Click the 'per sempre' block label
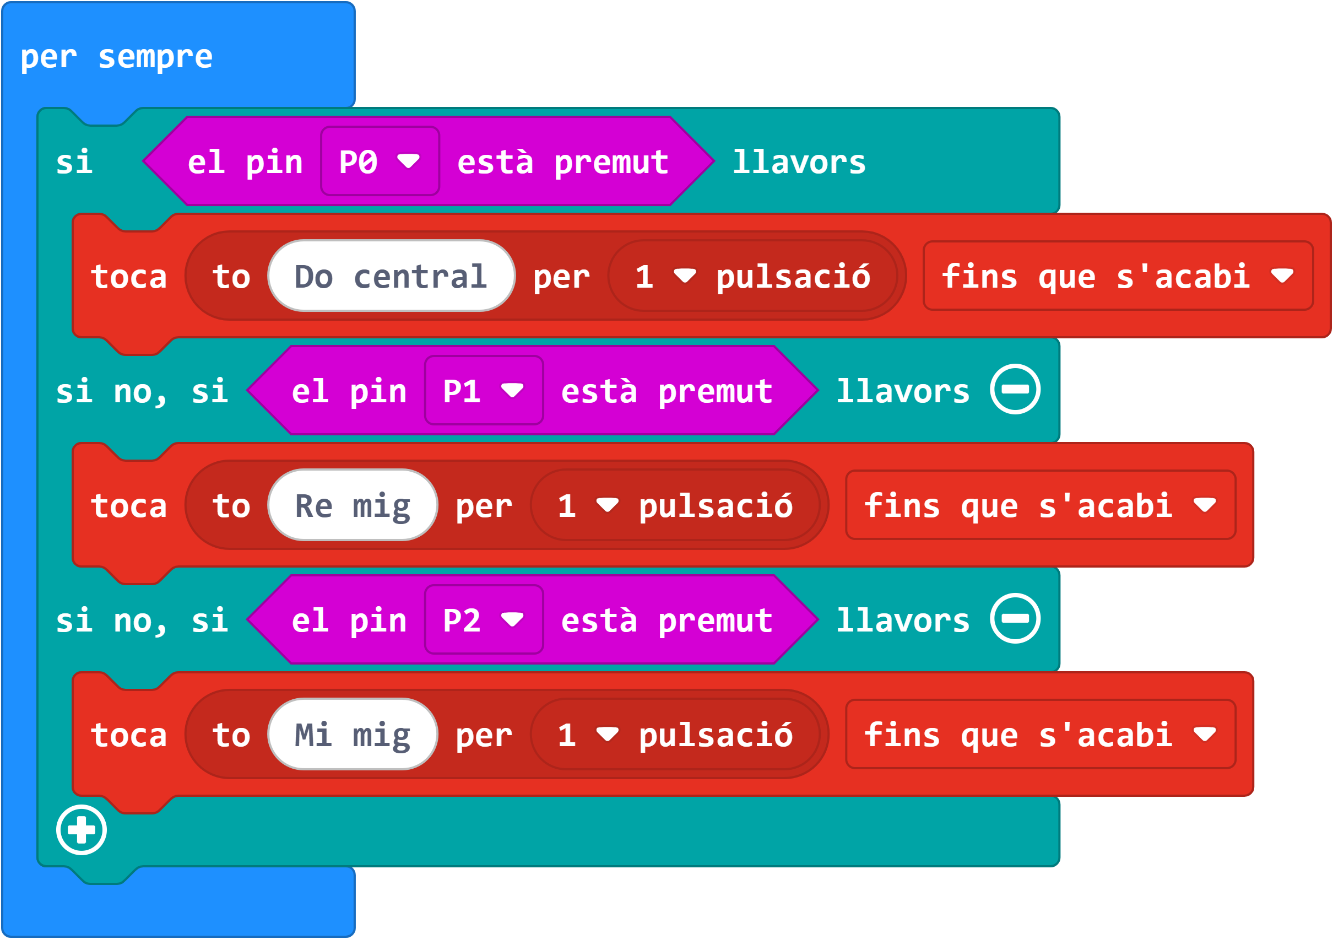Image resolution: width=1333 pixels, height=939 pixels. pyautogui.click(x=116, y=57)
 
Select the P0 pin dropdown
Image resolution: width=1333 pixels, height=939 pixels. pyautogui.click(x=380, y=161)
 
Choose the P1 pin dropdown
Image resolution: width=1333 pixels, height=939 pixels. pyautogui.click(x=484, y=391)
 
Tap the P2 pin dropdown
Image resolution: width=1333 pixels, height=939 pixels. pyautogui.click(x=484, y=620)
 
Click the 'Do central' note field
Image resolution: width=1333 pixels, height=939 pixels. pyautogui.click(x=391, y=276)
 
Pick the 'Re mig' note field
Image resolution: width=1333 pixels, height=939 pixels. pyautogui.click(x=353, y=505)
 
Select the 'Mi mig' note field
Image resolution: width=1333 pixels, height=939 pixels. pyautogui.click(x=353, y=735)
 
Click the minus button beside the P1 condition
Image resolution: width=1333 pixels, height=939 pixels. pyautogui.click(x=1015, y=389)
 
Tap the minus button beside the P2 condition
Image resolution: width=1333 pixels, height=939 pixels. pyautogui.click(x=1015, y=618)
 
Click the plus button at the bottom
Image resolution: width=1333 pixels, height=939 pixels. pyautogui.click(x=82, y=830)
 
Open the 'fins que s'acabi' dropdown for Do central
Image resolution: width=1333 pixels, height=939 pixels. pyautogui.click(x=1118, y=276)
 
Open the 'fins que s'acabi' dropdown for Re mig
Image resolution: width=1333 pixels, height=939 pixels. pyautogui.click(x=1040, y=505)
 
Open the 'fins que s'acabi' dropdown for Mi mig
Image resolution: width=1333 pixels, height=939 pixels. pyautogui.click(x=1040, y=735)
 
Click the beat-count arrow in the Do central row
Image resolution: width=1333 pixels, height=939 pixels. pyautogui.click(x=685, y=276)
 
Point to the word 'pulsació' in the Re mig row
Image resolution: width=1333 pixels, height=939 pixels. pyautogui.click(x=716, y=506)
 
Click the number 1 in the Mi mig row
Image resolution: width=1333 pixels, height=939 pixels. pyautogui.click(x=567, y=735)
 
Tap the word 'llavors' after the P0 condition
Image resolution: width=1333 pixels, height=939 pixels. pyautogui.click(x=799, y=161)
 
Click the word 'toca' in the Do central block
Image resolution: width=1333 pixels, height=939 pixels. pyautogui.click(x=129, y=277)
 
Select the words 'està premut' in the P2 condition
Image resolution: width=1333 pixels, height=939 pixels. pyautogui.click(x=666, y=620)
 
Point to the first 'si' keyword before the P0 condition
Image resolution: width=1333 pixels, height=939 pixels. pyautogui.click(x=74, y=161)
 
